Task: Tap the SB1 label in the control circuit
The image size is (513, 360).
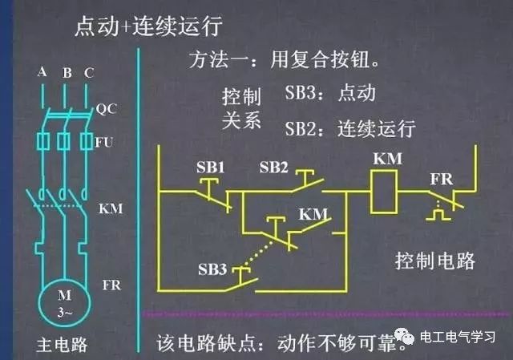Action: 210,168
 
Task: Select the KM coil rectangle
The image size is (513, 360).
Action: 383,192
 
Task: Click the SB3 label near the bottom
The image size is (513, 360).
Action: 212,269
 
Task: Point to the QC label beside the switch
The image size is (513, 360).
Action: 107,109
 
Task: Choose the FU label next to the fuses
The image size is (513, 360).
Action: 104,143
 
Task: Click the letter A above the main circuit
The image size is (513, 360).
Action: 42,71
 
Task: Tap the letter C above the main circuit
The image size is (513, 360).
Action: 89,73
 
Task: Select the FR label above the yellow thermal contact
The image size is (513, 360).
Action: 442,179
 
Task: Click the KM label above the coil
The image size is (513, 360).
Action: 388,159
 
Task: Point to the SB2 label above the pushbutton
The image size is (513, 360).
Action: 273,168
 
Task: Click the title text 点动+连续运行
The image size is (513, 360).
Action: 148,26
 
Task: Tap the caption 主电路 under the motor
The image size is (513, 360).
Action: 62,345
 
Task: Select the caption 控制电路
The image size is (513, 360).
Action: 434,261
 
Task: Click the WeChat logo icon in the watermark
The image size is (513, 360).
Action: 405,337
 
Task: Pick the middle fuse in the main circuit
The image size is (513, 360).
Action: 63,141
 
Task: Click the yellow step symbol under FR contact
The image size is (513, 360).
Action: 438,214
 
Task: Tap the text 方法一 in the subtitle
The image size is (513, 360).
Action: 218,60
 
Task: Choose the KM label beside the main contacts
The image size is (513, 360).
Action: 111,208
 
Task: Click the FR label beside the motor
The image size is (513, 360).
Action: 111,285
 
